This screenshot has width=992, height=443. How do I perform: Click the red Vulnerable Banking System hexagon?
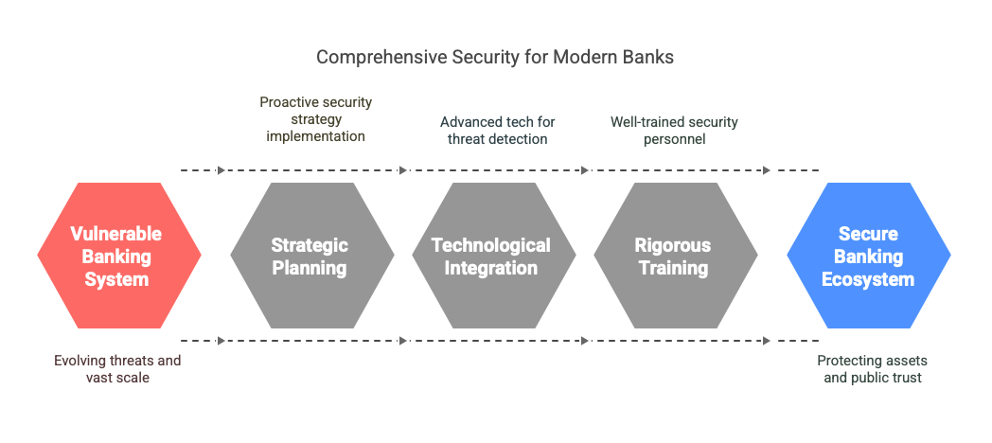point(119,256)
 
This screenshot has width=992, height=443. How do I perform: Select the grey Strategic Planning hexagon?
point(312,256)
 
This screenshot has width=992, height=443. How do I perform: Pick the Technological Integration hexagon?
point(493,256)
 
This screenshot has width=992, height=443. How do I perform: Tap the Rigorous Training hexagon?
point(675,256)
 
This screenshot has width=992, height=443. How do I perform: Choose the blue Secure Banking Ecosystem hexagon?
point(869,256)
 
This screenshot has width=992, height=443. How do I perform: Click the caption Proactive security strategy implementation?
point(316,119)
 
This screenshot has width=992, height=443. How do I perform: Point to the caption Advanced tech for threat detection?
point(497,131)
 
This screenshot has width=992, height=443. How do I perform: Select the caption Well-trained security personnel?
point(674,131)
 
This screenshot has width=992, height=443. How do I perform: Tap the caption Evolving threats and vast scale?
point(117,369)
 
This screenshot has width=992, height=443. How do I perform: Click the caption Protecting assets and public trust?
point(873,369)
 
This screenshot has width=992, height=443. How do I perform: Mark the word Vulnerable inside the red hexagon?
point(116,234)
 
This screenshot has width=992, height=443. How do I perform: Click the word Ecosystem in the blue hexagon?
point(868,279)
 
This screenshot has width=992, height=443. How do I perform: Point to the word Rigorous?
point(673,245)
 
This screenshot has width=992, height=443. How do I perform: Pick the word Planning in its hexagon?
point(310,268)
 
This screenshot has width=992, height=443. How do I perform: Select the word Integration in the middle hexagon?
point(491,268)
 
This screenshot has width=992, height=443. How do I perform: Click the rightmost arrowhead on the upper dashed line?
point(767,170)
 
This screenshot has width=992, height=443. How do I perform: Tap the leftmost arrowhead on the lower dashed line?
point(221,341)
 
